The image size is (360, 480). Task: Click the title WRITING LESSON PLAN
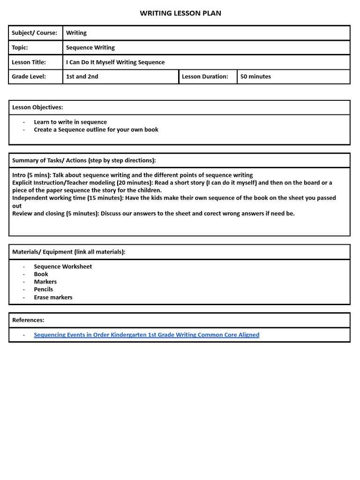coord(180,13)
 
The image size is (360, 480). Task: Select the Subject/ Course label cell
coord(35,33)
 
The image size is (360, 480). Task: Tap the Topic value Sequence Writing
coord(90,47)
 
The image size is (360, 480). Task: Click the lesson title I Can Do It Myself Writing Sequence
coord(115,62)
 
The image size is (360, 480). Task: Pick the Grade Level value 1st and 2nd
coord(82,76)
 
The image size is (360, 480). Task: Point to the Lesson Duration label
coord(205,76)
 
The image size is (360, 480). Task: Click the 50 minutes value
coord(255,76)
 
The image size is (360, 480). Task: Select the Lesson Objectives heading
coord(37,107)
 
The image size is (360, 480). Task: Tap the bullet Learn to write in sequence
coord(70,122)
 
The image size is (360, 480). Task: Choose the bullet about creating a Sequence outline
coord(96,129)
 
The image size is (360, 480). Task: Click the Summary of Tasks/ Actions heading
coord(84,160)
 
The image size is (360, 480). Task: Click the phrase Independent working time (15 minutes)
coord(68,198)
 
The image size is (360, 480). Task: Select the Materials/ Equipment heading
coord(69,252)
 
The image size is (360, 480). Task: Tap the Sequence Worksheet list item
coord(63,266)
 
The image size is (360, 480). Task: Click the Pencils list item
coord(44,289)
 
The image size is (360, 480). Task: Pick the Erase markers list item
coord(53,297)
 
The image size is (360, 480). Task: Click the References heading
coord(28,320)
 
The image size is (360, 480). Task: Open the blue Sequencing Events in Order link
coord(146,335)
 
